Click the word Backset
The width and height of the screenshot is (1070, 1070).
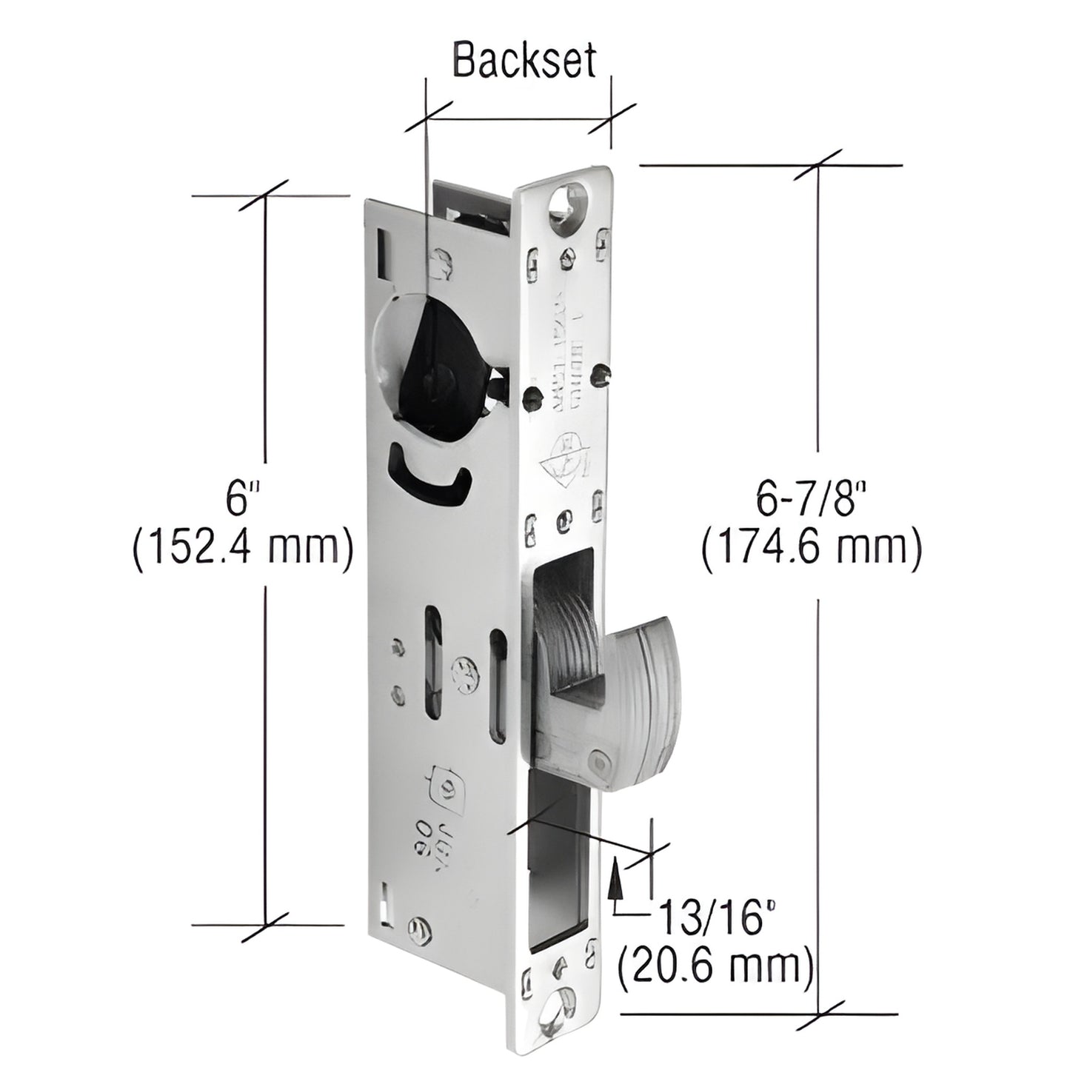point(524,61)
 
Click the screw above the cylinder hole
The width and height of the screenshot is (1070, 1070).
point(443,264)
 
